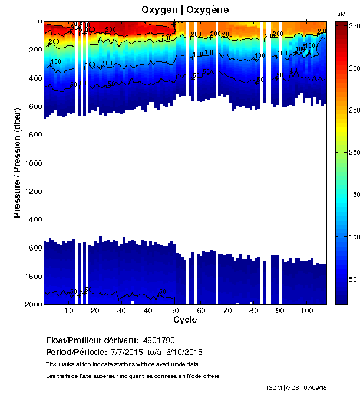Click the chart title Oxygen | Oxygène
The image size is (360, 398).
(185, 10)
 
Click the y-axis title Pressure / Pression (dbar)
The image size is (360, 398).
(17, 163)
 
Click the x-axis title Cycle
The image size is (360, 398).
(185, 320)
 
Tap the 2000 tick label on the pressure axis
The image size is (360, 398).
(32, 304)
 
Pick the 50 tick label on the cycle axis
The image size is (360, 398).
(175, 311)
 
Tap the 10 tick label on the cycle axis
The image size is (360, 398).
(69, 311)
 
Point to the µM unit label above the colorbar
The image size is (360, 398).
(341, 14)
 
